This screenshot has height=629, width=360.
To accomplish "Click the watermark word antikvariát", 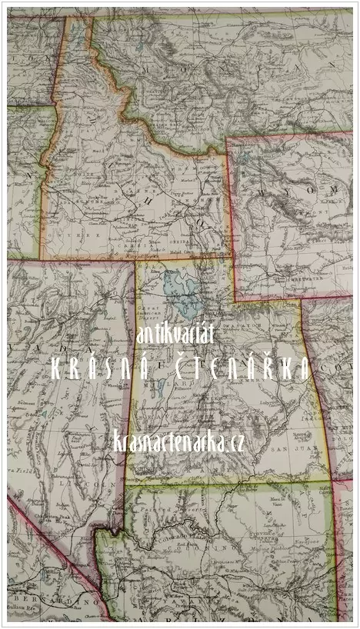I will pyautogui.click(x=178, y=334).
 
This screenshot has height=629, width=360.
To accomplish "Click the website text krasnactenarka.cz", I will pyautogui.click(x=178, y=441).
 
